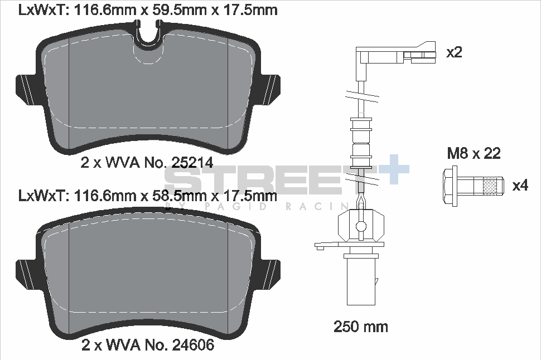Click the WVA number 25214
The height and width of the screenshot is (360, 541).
(192, 163)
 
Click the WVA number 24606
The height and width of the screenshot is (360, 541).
(192, 345)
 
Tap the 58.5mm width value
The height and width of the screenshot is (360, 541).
(166, 196)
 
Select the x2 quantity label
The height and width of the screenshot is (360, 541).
(454, 53)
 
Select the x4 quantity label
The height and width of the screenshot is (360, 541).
(520, 186)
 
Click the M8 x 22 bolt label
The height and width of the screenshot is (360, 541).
(474, 154)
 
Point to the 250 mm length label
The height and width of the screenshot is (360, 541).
(360, 326)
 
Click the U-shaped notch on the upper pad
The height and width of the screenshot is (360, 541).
(148, 35)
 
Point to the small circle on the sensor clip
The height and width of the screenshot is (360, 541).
(361, 226)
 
